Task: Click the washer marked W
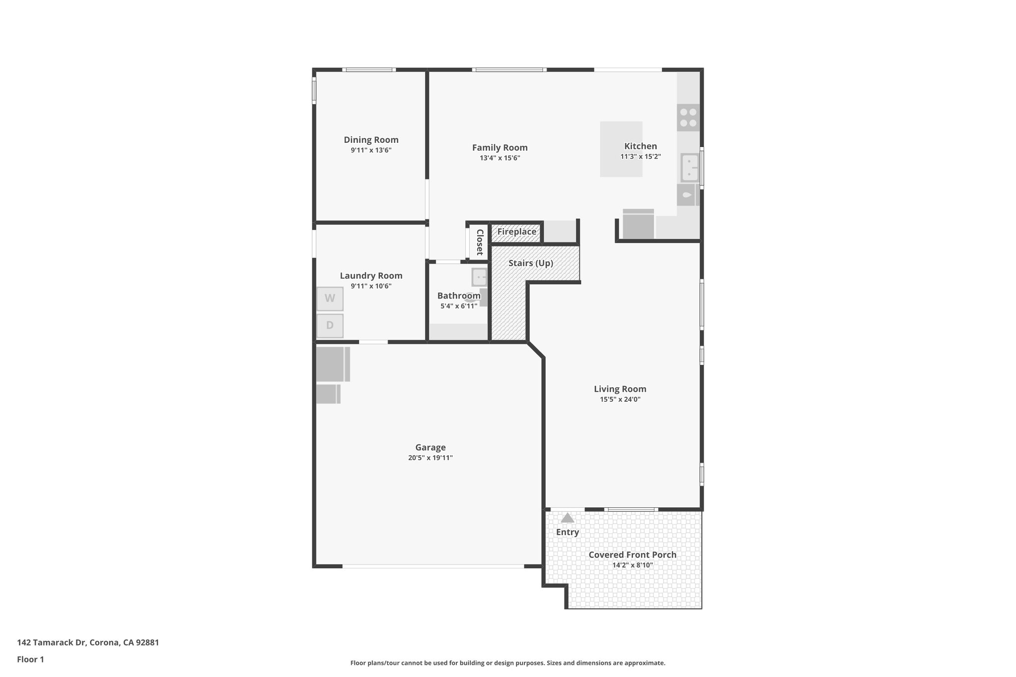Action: click(x=330, y=299)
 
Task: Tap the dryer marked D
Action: click(x=330, y=326)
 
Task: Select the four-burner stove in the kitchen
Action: click(x=688, y=118)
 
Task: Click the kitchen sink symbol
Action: click(x=690, y=168)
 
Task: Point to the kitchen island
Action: click(x=621, y=149)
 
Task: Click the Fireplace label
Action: click(x=516, y=232)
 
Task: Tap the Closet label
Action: click(x=480, y=242)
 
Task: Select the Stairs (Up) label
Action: click(x=530, y=263)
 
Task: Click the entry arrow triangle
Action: click(x=568, y=518)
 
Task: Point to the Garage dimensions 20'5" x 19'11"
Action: click(x=430, y=458)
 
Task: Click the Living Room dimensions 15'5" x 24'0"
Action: click(x=620, y=399)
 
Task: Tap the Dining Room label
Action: click(x=371, y=140)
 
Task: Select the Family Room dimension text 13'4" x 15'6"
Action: click(x=500, y=158)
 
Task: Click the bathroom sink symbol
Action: click(x=479, y=277)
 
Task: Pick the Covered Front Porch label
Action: click(x=632, y=554)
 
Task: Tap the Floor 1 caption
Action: click(x=30, y=659)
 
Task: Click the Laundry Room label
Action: click(x=371, y=276)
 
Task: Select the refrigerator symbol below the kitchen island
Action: click(x=638, y=225)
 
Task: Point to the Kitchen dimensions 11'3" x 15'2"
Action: click(x=640, y=157)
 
